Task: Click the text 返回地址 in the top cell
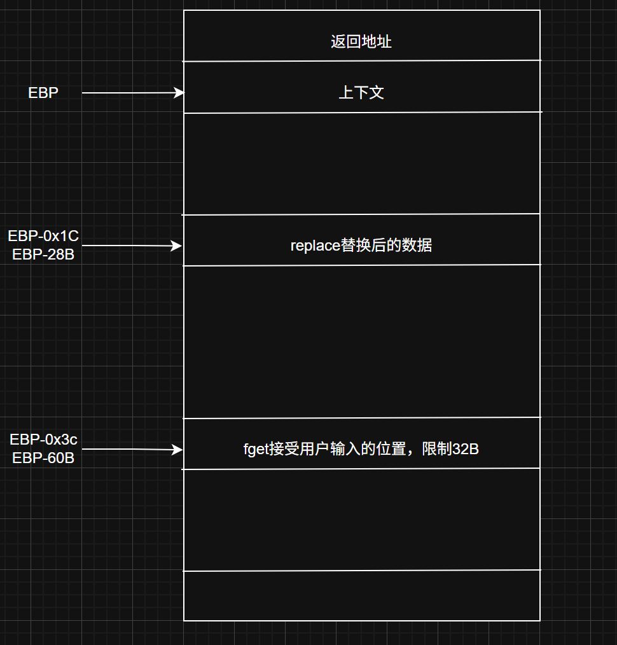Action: click(x=361, y=42)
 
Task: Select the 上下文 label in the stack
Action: click(x=361, y=93)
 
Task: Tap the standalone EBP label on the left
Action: click(x=43, y=93)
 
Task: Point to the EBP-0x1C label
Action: click(x=43, y=236)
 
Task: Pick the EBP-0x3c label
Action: click(x=43, y=440)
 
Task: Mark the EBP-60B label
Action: click(x=43, y=457)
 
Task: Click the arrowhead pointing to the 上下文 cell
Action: click(x=179, y=93)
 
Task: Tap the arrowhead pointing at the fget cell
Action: click(x=178, y=450)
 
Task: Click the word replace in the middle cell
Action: click(x=315, y=246)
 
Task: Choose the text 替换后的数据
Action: click(x=387, y=246)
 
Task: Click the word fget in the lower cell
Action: click(x=256, y=449)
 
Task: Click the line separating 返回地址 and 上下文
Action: click(x=361, y=61)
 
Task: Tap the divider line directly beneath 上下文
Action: click(x=361, y=113)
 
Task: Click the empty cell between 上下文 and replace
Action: click(x=361, y=163)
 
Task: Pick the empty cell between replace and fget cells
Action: click(x=361, y=342)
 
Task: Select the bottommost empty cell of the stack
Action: click(x=361, y=595)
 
